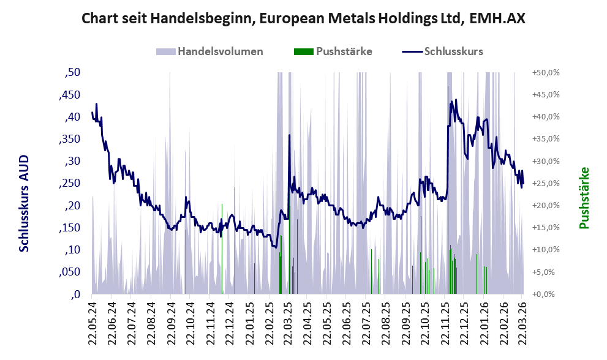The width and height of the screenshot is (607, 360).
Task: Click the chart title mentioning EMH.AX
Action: point(303,18)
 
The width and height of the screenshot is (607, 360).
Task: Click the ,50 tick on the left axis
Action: point(72,72)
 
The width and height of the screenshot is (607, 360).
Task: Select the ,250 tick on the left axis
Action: point(70,183)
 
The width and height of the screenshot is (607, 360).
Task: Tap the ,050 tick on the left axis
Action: point(70,272)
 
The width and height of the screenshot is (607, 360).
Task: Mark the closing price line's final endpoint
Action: point(523,183)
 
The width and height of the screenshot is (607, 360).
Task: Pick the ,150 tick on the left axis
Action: point(70,228)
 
